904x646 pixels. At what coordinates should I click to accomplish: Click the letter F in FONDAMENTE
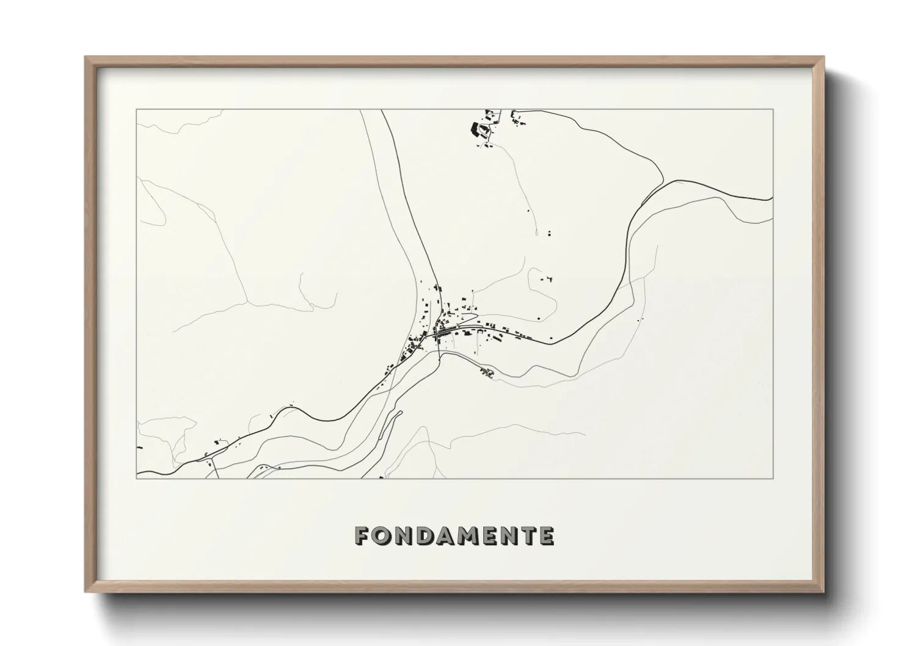point(363,536)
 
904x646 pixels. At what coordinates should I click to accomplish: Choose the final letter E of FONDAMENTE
point(546,536)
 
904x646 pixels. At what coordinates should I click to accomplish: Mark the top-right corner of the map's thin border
point(773,110)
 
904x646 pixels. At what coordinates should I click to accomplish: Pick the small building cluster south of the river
point(487,372)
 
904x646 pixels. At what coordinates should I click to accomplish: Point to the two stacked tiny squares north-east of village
point(549,233)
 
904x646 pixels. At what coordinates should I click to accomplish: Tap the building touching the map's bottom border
point(381,477)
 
